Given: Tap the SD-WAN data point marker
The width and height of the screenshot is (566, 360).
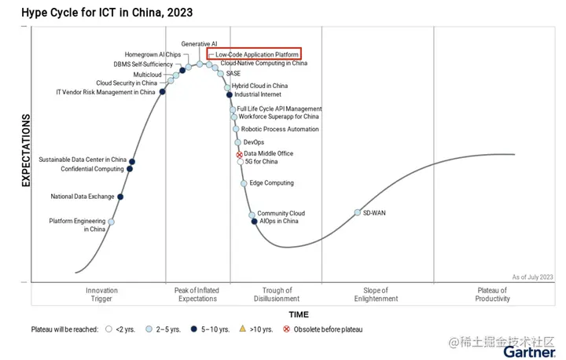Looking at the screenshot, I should (358, 213).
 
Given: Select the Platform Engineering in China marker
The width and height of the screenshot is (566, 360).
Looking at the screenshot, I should (111, 222).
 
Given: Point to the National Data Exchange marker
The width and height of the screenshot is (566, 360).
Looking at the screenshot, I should (120, 197).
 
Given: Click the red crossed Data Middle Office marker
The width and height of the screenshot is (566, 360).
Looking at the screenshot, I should (240, 155).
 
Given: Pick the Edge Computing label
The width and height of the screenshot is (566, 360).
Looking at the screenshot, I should (271, 183).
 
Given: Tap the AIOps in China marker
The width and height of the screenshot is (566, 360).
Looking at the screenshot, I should (254, 222).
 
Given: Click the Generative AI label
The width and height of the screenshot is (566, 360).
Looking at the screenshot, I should (199, 44).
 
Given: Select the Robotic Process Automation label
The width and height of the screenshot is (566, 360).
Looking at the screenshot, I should (280, 129).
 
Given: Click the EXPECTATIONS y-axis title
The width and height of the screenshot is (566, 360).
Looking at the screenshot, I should (25, 150).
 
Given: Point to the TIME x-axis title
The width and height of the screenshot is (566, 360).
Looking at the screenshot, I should (299, 314).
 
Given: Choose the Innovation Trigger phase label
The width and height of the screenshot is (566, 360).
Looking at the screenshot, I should (101, 295).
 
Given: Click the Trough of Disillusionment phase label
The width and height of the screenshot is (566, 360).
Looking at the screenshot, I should (277, 295).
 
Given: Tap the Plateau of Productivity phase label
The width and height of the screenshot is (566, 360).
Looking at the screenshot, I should (493, 295).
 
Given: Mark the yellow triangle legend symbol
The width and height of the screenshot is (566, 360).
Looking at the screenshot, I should (243, 329).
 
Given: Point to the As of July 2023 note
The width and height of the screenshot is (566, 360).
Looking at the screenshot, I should (532, 277).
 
